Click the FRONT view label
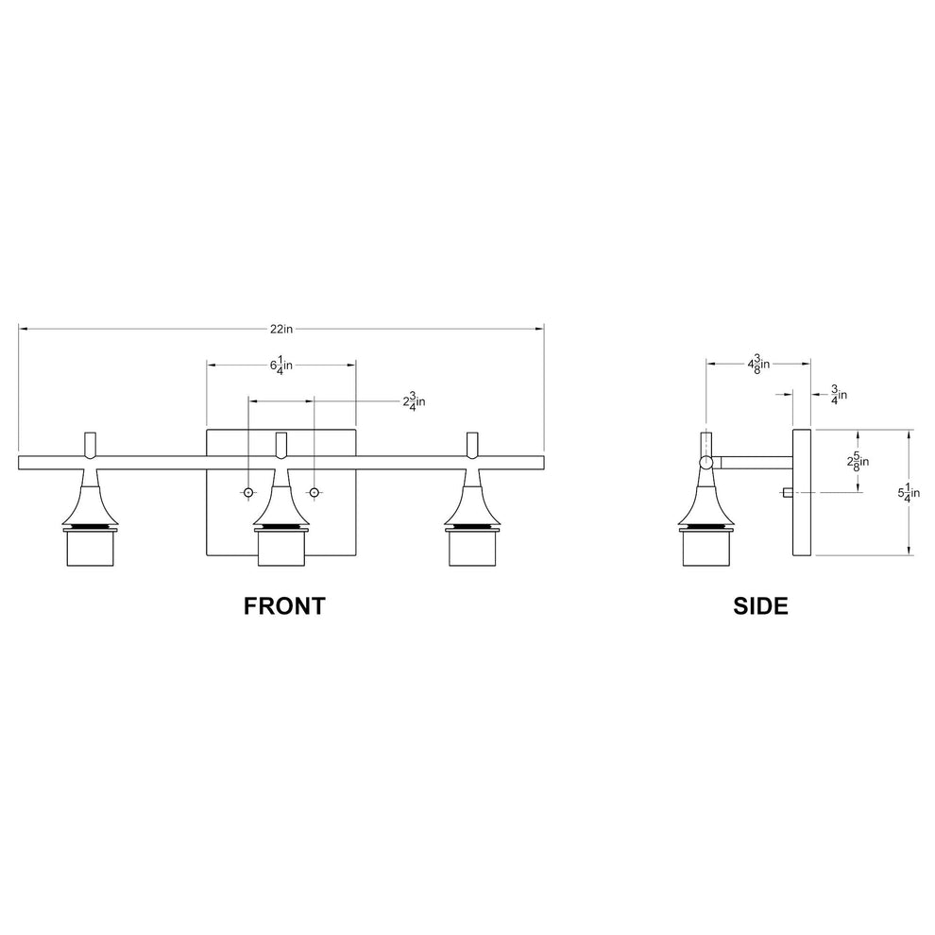(284, 605)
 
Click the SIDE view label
(760, 605)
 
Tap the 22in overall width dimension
(280, 329)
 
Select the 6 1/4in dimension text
(280, 365)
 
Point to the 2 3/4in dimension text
(414, 401)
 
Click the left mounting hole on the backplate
(248, 492)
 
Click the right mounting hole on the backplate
(314, 492)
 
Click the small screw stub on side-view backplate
(788, 492)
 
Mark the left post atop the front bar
(91, 444)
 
